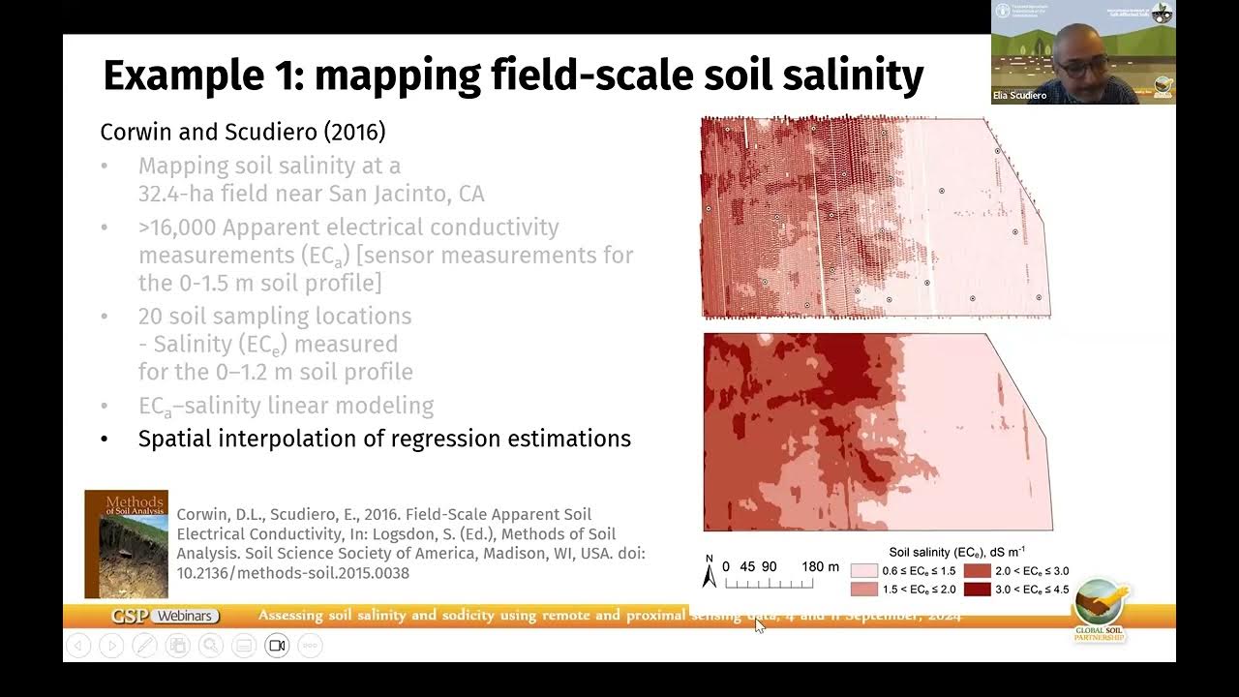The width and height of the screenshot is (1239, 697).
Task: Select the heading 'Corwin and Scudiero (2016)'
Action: [242, 132]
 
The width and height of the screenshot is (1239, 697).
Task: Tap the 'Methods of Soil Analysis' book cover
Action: [126, 543]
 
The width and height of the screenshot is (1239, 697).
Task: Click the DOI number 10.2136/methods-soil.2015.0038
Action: [292, 573]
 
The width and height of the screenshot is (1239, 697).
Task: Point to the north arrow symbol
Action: [709, 573]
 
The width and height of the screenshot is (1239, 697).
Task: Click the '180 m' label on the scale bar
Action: [820, 566]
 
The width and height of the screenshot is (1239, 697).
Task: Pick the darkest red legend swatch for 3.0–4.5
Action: [977, 589]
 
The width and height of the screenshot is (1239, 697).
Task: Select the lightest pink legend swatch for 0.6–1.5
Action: [863, 571]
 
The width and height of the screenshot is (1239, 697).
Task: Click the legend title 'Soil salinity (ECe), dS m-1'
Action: [956, 552]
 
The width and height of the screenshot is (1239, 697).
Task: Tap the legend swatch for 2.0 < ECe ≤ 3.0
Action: [977, 571]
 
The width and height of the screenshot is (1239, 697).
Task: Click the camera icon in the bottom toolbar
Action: [277, 646]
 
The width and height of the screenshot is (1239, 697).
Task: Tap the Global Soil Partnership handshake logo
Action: [1101, 604]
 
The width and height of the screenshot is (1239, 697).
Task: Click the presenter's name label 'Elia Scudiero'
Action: [1020, 96]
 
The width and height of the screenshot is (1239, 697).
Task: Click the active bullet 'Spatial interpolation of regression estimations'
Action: [384, 439]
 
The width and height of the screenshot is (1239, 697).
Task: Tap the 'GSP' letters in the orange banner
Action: [131, 616]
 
